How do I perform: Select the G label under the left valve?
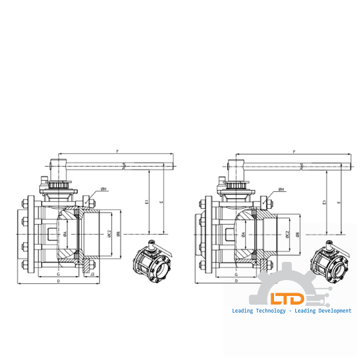[59, 274]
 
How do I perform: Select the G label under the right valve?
[237, 274]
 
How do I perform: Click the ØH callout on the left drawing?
[105, 190]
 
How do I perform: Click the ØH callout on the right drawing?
[282, 190]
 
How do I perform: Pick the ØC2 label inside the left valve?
[108, 234]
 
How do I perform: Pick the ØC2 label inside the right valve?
[287, 234]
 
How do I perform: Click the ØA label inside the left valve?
[65, 234]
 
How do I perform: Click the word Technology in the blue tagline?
[268, 311]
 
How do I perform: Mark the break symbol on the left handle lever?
[124, 164]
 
